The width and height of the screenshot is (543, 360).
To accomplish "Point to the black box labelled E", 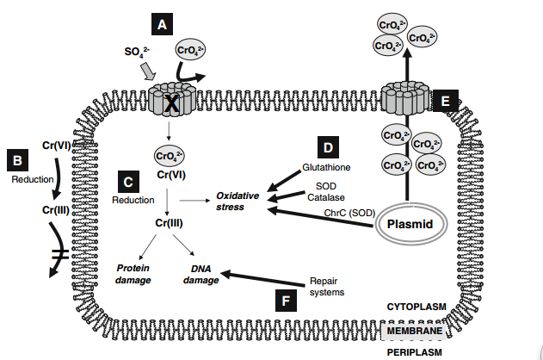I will [445, 102].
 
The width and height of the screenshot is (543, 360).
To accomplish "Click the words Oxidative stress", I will [237, 201].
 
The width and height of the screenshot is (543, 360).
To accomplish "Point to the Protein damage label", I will [133, 274].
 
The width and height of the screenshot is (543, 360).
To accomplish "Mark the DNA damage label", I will [201, 274].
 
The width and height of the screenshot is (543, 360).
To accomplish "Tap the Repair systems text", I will [326, 286].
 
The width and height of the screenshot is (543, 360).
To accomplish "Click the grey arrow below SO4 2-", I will [148, 73].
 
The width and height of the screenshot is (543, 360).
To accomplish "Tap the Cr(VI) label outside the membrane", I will [57, 146].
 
